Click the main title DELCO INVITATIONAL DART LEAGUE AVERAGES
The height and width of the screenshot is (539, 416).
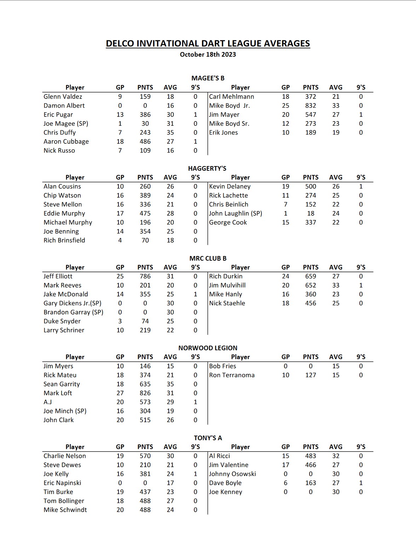[x=208, y=44]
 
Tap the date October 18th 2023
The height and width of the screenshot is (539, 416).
[x=208, y=55]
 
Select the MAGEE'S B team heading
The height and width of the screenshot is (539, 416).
[x=208, y=78]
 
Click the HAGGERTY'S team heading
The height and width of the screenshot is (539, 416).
[x=207, y=168]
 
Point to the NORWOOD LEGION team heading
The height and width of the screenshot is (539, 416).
[x=208, y=348]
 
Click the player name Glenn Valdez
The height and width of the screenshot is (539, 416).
[x=63, y=97]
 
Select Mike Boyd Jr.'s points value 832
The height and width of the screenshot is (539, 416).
[x=311, y=106]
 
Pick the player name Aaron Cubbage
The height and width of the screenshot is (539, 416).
[x=66, y=142]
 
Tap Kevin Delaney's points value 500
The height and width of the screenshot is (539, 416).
[x=311, y=187]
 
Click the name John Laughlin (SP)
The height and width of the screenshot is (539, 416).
[x=236, y=214]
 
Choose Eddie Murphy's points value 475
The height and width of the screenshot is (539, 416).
[x=145, y=214]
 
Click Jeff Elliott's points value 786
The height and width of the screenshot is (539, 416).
[x=145, y=276]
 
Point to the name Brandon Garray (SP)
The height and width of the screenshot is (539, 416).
[x=73, y=312]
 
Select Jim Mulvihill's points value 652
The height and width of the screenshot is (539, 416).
[x=311, y=285]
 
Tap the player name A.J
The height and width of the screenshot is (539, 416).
[x=48, y=402]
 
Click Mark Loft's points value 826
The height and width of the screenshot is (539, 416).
[x=145, y=393]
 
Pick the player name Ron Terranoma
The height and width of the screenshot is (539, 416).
[x=232, y=375]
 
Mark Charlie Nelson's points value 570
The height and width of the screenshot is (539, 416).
[x=145, y=456]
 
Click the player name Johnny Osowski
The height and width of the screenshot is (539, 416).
[x=232, y=474]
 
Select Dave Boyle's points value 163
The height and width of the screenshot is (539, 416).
[x=311, y=483]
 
